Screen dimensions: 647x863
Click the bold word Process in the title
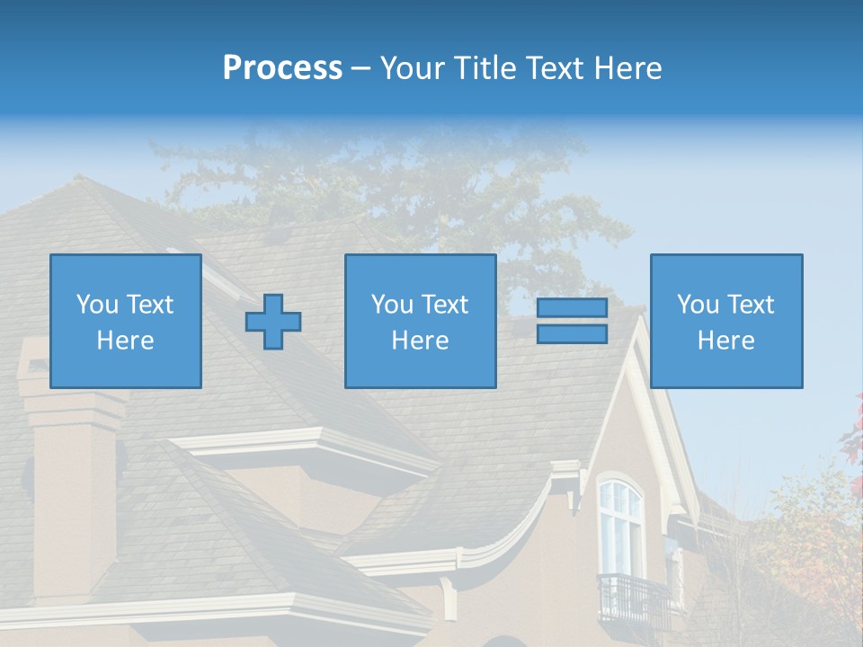tap(282, 68)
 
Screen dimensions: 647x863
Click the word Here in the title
tap(627, 68)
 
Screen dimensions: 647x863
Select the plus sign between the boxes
tap(273, 321)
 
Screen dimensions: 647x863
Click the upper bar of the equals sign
tap(572, 308)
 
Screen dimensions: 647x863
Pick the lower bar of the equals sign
tap(572, 333)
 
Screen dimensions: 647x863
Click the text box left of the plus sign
tap(126, 321)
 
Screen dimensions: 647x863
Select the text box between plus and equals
tap(420, 321)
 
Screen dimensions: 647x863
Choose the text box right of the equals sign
tap(726, 321)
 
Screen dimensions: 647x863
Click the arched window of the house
tap(620, 526)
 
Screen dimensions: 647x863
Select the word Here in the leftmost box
tap(126, 341)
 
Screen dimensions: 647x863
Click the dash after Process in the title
tap(361, 68)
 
